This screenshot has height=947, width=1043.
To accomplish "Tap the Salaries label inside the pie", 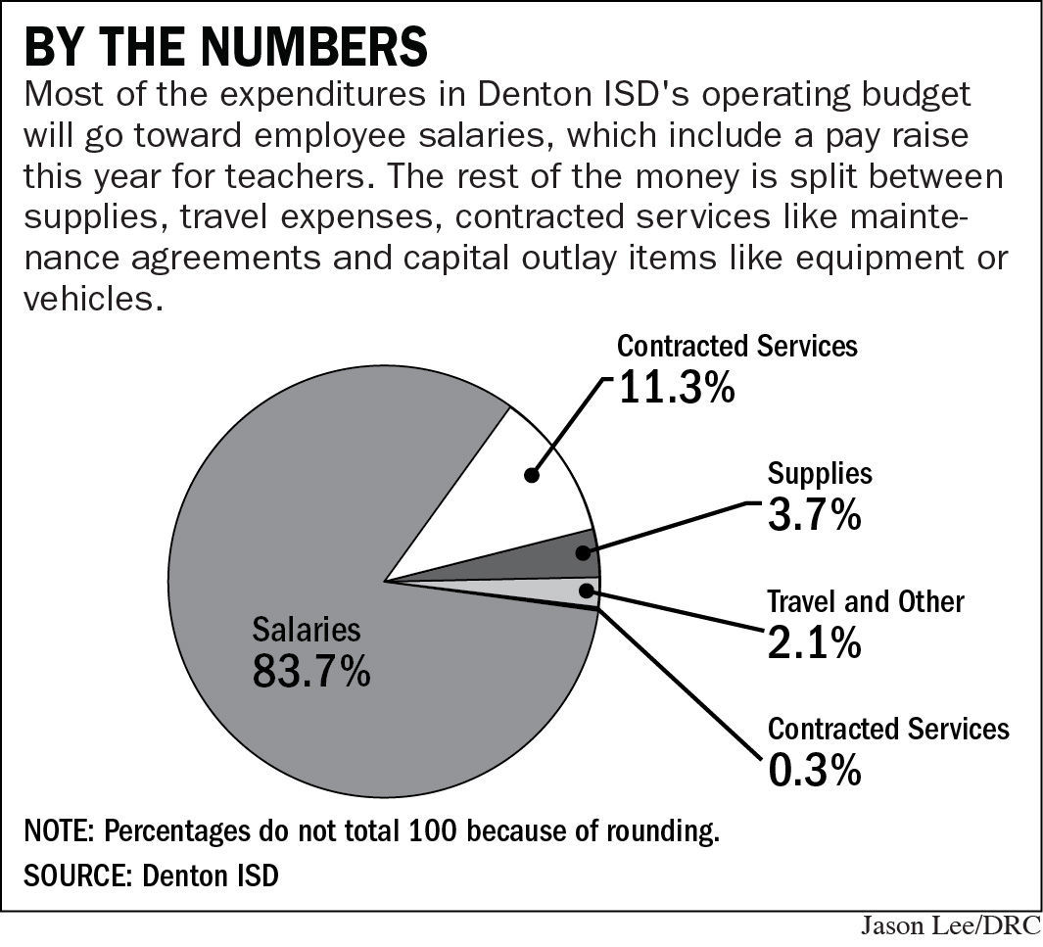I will (307, 629).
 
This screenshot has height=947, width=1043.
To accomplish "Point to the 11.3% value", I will (676, 388).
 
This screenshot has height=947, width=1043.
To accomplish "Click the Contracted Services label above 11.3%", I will (736, 346).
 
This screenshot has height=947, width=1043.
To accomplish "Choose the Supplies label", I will (820, 474).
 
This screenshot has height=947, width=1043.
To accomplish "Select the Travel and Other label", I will (865, 600).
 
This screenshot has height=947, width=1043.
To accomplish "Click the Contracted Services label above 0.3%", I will (888, 729).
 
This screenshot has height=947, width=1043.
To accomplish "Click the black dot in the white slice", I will (531, 476).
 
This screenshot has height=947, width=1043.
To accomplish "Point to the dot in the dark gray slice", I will (584, 553).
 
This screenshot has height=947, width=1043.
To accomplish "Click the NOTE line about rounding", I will (372, 832).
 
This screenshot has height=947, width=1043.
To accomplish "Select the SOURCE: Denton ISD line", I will (152, 875).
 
